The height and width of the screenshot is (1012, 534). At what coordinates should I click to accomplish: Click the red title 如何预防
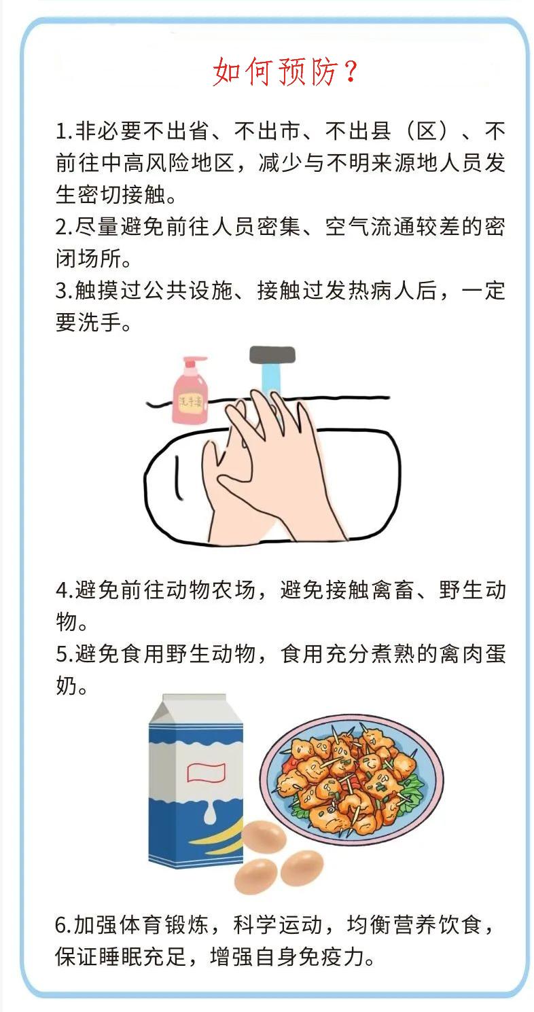[274, 73]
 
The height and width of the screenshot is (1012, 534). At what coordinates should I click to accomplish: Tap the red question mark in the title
[350, 73]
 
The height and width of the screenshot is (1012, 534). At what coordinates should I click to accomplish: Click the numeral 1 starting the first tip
[60, 131]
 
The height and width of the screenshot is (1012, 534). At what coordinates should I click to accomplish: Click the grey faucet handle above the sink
[272, 355]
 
